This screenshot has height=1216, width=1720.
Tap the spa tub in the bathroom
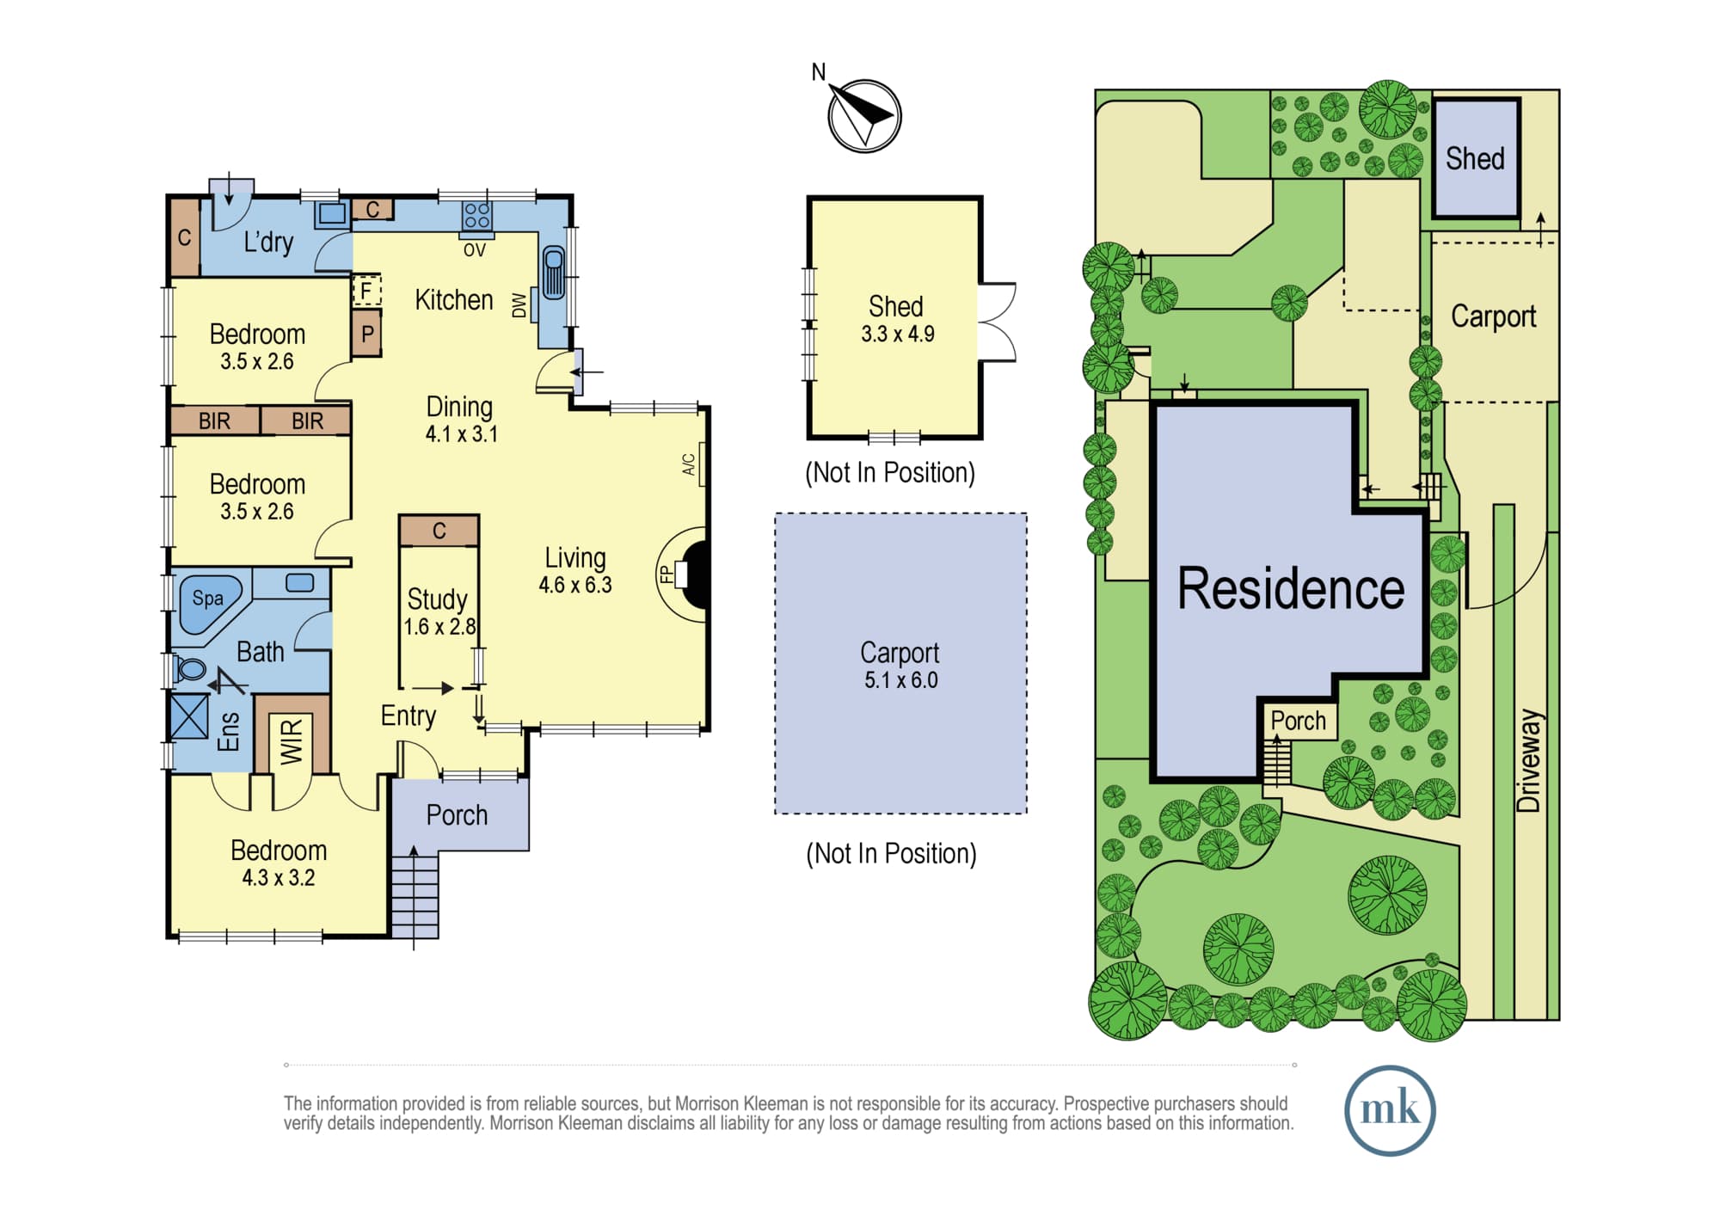click(x=209, y=603)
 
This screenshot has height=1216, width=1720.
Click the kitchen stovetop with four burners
click(x=476, y=215)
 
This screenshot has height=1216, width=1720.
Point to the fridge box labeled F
click(x=366, y=291)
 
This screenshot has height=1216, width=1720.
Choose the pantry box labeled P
click(x=366, y=333)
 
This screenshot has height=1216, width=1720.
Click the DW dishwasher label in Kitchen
click(x=519, y=305)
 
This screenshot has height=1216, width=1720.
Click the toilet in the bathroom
click(x=189, y=669)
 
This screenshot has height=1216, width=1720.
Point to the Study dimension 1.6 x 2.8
click(x=439, y=626)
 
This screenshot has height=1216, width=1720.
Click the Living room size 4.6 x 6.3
click(x=575, y=585)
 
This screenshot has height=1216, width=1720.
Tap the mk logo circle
click(x=1390, y=1109)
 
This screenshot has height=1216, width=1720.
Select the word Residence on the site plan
click(x=1290, y=589)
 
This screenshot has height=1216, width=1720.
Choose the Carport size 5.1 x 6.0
click(x=900, y=679)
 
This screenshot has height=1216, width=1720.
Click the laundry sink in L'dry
click(x=332, y=213)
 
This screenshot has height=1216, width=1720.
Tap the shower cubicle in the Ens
click(x=189, y=716)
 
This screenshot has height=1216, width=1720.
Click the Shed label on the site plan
click(x=1475, y=158)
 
